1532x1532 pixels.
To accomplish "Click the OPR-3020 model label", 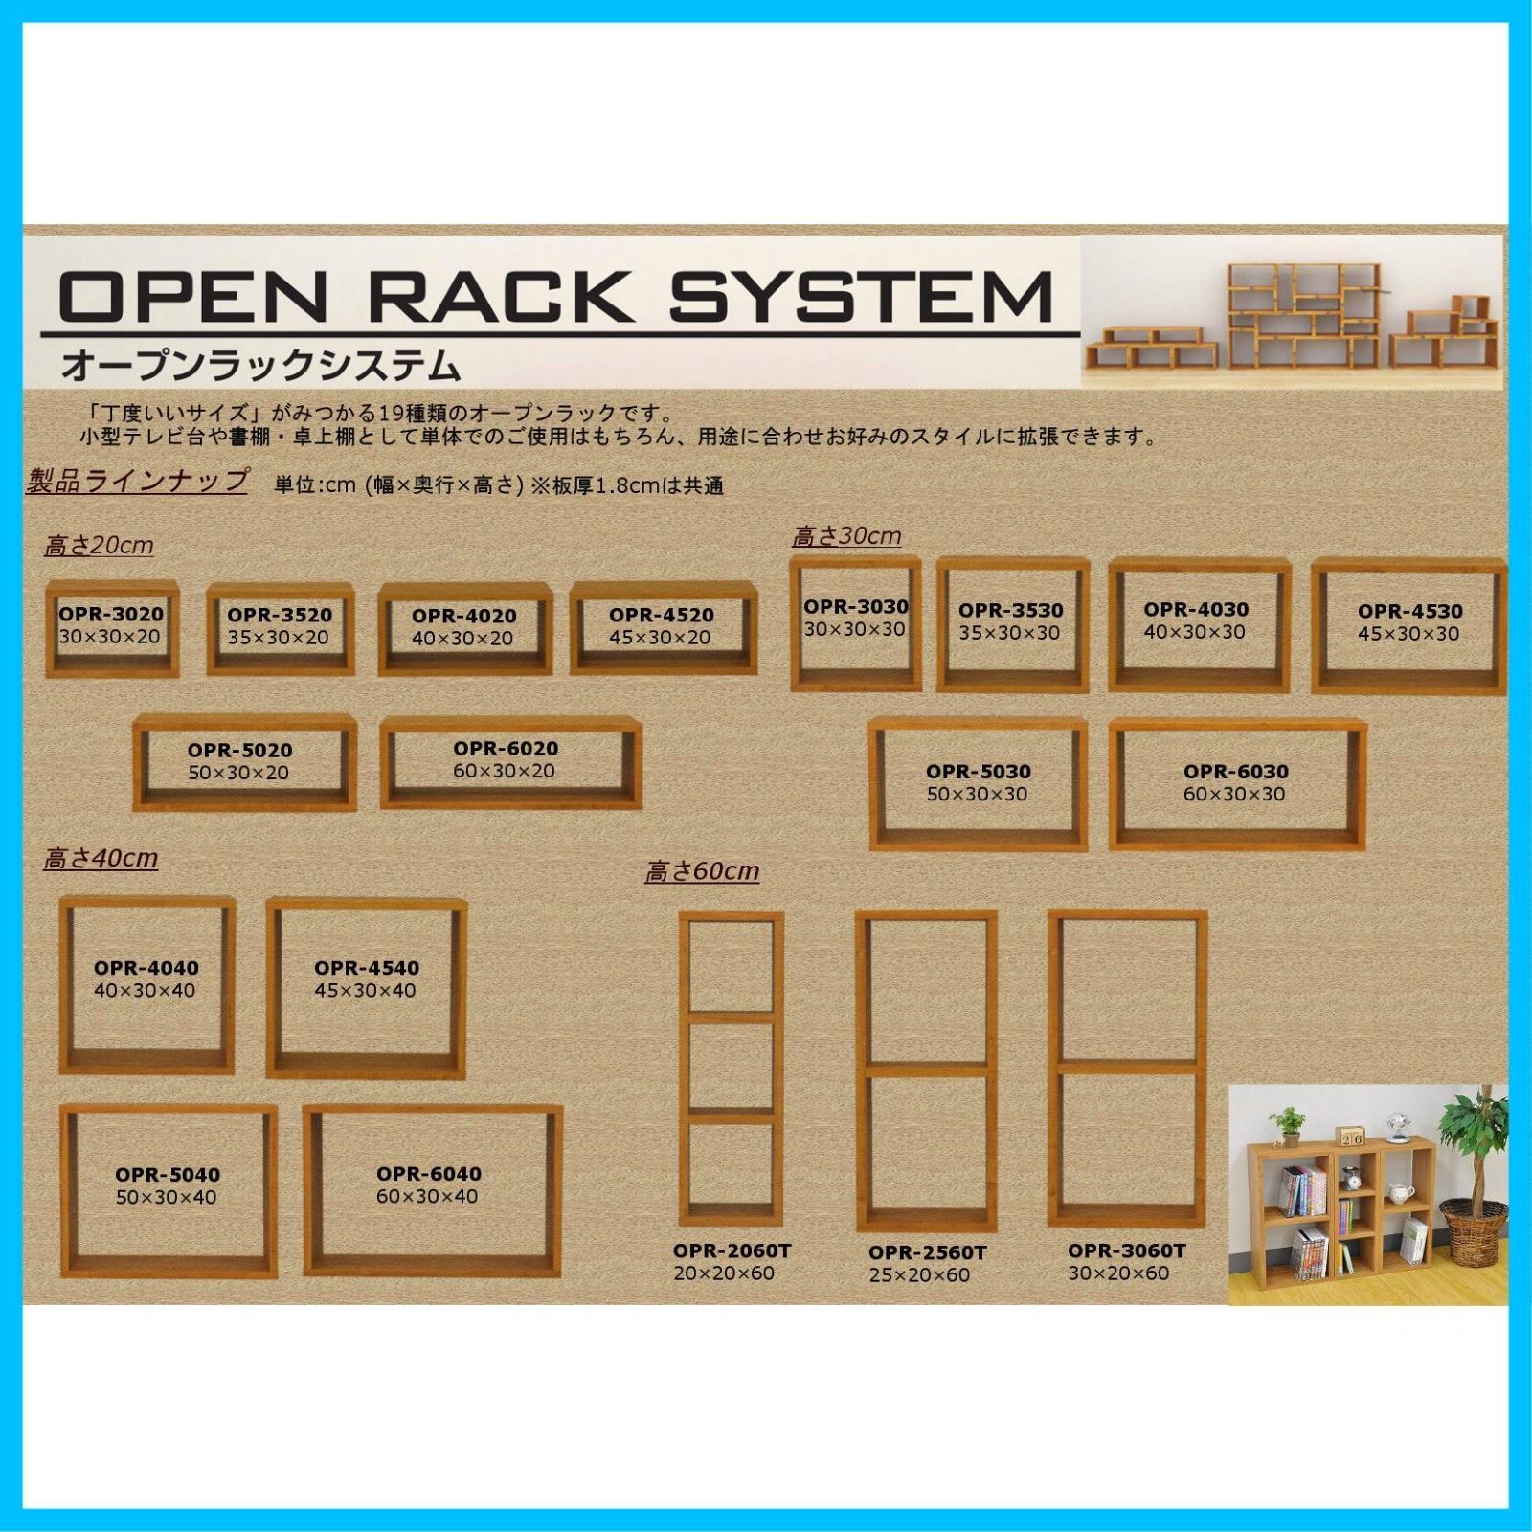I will pyautogui.click(x=111, y=614).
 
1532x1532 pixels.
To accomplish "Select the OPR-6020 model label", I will pyautogui.click(x=506, y=749).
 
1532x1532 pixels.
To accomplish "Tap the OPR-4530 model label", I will pyautogui.click(x=1409, y=611).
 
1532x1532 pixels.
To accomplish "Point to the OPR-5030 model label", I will pyautogui.click(x=978, y=772).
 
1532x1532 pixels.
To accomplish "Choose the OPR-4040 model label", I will pyautogui.click(x=146, y=968).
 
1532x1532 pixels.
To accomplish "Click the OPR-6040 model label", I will pyautogui.click(x=428, y=1174).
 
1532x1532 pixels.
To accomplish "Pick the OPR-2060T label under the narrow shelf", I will pyautogui.click(x=732, y=1251).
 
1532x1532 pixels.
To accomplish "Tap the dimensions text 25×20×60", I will pyautogui.click(x=919, y=1275).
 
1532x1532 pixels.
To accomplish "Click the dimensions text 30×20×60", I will pyautogui.click(x=1118, y=1273).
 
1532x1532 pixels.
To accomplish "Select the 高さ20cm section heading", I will pyautogui.click(x=99, y=546).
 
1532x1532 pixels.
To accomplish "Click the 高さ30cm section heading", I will pyautogui.click(x=846, y=536).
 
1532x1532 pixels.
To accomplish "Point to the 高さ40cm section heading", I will pyautogui.click(x=101, y=859).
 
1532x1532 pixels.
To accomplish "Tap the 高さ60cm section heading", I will pyautogui.click(x=702, y=871).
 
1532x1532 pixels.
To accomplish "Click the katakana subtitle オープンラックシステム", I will pyautogui.click(x=260, y=366).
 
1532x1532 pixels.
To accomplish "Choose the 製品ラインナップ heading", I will pyautogui.click(x=137, y=481).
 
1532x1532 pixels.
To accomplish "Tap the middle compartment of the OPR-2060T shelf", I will pyautogui.click(x=732, y=1067).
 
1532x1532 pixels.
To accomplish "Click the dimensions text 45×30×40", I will pyautogui.click(x=366, y=991).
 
